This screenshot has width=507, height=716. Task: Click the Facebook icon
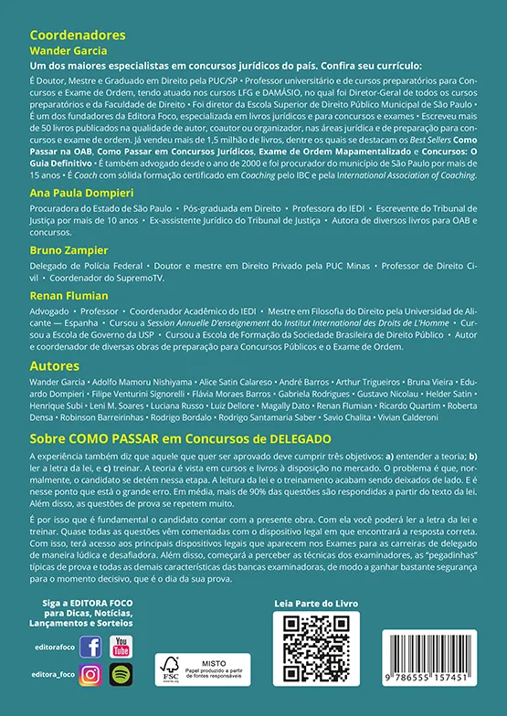click(x=90, y=647)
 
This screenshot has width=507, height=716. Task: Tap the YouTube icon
click(x=120, y=647)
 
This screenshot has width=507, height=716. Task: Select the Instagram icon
click(x=90, y=675)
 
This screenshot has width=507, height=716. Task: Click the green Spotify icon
click(x=120, y=675)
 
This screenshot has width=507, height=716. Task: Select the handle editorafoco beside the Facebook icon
click(x=55, y=647)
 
